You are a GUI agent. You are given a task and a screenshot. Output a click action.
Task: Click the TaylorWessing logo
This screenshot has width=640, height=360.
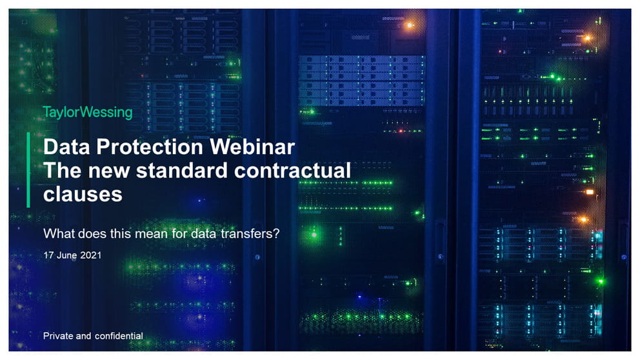(x=88, y=112)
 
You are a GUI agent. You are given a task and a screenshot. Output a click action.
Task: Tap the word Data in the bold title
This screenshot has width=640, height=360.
(x=66, y=146)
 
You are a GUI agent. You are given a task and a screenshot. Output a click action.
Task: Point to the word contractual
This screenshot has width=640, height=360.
(x=292, y=170)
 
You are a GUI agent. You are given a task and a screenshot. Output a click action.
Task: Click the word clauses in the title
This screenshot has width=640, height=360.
(x=83, y=194)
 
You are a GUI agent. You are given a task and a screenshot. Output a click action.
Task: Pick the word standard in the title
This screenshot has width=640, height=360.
(x=182, y=170)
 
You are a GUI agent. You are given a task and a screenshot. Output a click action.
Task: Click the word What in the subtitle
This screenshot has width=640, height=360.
(x=59, y=234)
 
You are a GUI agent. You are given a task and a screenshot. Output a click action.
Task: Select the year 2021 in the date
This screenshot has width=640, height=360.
(x=90, y=255)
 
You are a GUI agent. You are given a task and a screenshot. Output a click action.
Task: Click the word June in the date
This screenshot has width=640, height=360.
(x=66, y=255)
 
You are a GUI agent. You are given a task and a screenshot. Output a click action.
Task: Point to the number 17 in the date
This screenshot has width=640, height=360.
(x=48, y=255)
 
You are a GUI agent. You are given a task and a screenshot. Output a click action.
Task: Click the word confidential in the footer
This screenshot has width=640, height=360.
(x=119, y=336)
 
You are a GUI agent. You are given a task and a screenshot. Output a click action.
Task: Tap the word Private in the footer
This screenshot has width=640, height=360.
(x=58, y=336)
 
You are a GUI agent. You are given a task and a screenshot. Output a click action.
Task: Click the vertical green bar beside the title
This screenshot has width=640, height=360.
(x=28, y=170)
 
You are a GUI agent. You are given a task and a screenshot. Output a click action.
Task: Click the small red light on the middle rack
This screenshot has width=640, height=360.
(x=401, y=131)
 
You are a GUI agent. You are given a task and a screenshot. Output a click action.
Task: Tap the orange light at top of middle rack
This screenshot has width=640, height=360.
(x=410, y=25)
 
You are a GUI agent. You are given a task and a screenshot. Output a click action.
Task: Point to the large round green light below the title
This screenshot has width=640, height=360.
(x=314, y=235)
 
